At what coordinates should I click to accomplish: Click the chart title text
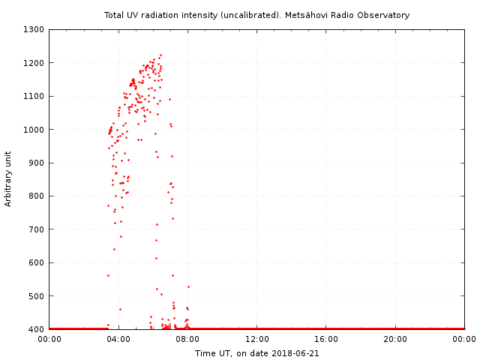(256, 15)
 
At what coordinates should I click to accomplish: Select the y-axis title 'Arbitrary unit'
(9, 178)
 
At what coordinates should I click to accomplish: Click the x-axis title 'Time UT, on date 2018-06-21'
(256, 352)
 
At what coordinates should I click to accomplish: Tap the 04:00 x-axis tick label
(118, 340)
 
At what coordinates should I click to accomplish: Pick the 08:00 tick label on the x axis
(187, 340)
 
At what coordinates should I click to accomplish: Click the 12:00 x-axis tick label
(256, 340)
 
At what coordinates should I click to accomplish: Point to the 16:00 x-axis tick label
(326, 340)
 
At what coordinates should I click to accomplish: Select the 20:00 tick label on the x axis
(395, 340)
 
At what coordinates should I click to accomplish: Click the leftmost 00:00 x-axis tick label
(49, 340)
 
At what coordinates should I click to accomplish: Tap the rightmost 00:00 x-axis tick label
(464, 340)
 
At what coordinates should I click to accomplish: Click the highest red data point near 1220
(160, 55)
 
